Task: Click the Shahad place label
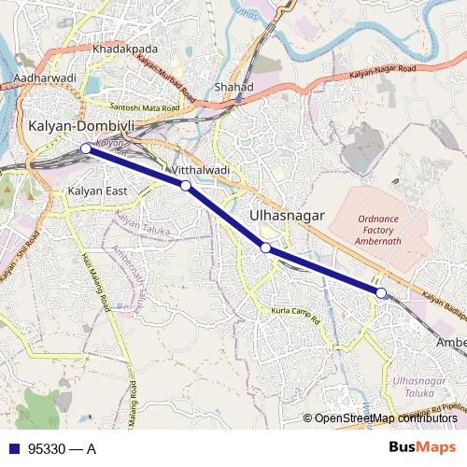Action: [233, 87]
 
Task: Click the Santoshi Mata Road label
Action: [145, 107]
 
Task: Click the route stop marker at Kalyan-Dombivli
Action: [85, 148]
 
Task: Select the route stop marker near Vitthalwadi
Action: [186, 186]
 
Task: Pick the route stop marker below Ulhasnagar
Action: [266, 248]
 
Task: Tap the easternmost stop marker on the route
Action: [381, 293]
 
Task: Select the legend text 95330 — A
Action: [62, 448]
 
